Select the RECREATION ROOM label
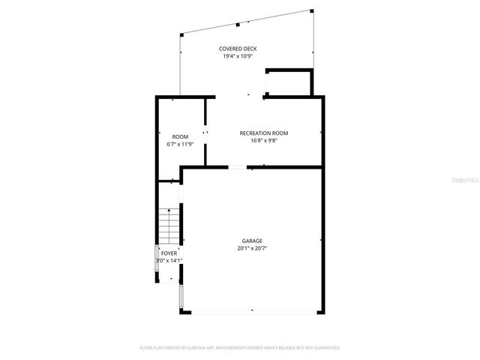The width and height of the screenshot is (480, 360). pyautogui.click(x=263, y=133)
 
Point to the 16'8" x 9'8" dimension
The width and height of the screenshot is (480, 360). pyautogui.click(x=263, y=140)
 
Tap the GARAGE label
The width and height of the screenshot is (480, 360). pyautogui.click(x=252, y=241)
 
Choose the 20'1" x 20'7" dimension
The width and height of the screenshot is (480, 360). pyautogui.click(x=252, y=248)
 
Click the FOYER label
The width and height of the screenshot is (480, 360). pyautogui.click(x=169, y=253)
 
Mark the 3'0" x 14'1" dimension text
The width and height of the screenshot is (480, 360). pyautogui.click(x=169, y=261)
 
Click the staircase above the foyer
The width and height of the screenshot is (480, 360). pyautogui.click(x=169, y=224)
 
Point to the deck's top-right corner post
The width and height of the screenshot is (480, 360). pyautogui.click(x=310, y=10)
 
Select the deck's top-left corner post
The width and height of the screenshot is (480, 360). pyautogui.click(x=180, y=34)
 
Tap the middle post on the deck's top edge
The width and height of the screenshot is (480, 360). pyautogui.click(x=238, y=24)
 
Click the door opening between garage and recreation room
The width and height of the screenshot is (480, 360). pyautogui.click(x=237, y=167)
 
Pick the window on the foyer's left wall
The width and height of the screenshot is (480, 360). pyautogui.click(x=157, y=256)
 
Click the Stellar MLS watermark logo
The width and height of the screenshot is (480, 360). pyautogui.click(x=466, y=180)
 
